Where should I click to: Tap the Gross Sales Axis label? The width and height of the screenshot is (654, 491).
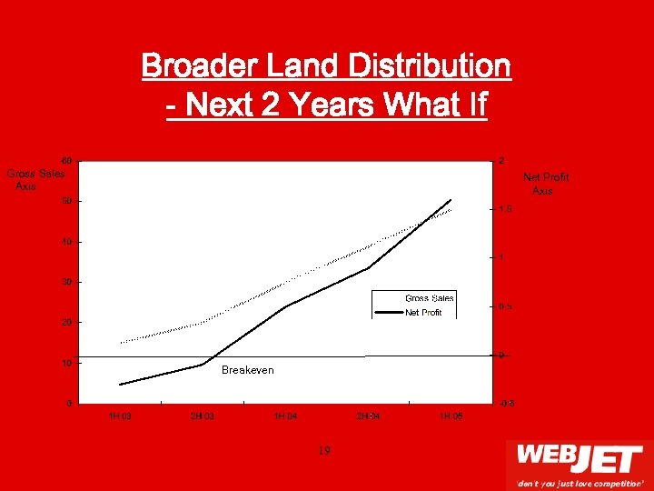[x=35, y=179]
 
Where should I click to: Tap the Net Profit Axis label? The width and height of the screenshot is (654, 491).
[x=545, y=185]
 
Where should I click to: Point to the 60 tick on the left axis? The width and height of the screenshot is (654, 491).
[x=67, y=160]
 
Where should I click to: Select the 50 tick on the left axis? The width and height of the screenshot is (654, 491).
[x=67, y=201]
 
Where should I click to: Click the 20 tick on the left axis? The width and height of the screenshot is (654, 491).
[x=67, y=323]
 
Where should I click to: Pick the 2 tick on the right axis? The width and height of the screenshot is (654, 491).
[x=501, y=161]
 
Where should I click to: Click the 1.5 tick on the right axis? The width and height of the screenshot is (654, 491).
[x=505, y=209]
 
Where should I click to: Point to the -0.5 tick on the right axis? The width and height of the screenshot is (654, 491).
[x=505, y=403]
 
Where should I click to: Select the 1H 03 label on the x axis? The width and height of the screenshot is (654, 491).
[x=119, y=416]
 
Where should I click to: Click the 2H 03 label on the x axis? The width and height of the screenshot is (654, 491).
[x=202, y=416]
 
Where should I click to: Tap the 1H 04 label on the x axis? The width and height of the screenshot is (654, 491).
[x=285, y=416]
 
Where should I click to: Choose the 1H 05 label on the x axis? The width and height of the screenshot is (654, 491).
[x=451, y=416]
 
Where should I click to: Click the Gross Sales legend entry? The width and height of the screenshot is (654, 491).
[x=429, y=298]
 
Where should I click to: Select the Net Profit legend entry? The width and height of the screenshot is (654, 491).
[x=423, y=313]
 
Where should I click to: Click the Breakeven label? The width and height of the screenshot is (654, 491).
[x=247, y=371]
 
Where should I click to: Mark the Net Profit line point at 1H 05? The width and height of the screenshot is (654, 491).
[x=451, y=200]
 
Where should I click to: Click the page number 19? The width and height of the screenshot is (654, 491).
[x=325, y=449]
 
